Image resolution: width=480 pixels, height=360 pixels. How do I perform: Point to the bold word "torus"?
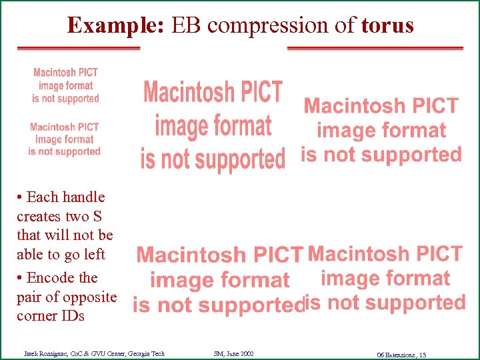(387, 25)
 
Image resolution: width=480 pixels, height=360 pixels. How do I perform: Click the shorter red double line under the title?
(78, 49)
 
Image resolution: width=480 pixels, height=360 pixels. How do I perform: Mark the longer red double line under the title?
(375, 49)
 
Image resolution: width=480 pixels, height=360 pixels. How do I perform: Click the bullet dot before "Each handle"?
(20, 197)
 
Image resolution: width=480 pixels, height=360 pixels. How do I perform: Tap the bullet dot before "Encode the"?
(20, 278)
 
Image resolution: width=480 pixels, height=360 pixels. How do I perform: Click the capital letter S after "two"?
(97, 216)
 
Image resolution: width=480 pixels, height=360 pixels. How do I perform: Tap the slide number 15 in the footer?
(422, 354)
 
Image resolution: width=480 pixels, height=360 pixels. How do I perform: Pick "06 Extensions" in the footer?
(395, 354)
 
